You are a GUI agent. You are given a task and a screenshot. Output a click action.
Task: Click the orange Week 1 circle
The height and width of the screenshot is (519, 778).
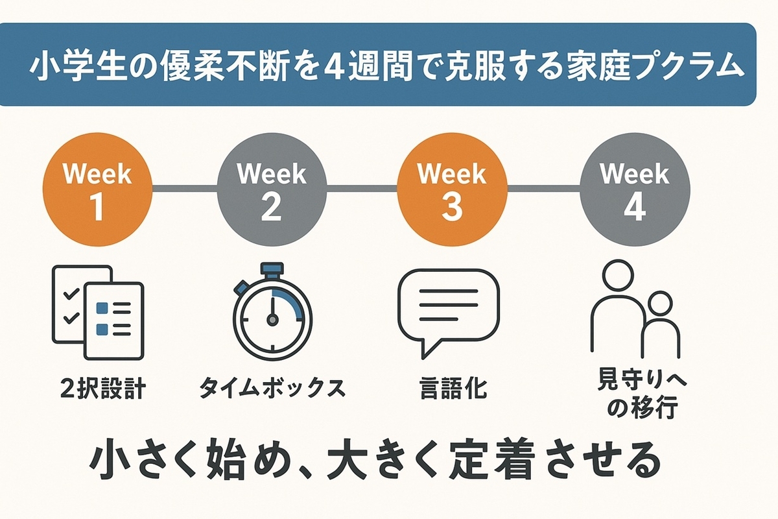click(98, 190)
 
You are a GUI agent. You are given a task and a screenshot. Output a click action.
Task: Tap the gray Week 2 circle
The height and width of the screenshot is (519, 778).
click(272, 190)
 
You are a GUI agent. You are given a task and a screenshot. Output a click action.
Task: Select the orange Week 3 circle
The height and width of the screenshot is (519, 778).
click(453, 190)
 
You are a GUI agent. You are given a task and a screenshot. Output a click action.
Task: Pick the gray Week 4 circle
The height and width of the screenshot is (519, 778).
click(635, 190)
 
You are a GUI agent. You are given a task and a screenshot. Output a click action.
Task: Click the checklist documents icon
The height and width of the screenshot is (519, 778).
click(98, 313)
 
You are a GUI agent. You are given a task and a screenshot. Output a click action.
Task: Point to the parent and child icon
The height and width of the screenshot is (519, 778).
click(635, 309)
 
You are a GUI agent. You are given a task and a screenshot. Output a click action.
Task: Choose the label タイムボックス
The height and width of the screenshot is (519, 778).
click(272, 388)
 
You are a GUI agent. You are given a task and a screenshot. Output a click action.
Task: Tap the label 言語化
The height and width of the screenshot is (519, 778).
click(453, 388)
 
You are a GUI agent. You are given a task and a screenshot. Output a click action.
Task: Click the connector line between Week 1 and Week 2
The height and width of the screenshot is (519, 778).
click(185, 189)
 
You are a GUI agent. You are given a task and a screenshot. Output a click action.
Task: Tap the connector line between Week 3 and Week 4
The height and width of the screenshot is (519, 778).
click(543, 189)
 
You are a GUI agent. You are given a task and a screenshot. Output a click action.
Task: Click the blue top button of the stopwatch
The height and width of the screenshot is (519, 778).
click(272, 269)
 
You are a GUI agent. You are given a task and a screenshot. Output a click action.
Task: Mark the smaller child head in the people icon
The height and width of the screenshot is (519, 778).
click(661, 304)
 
